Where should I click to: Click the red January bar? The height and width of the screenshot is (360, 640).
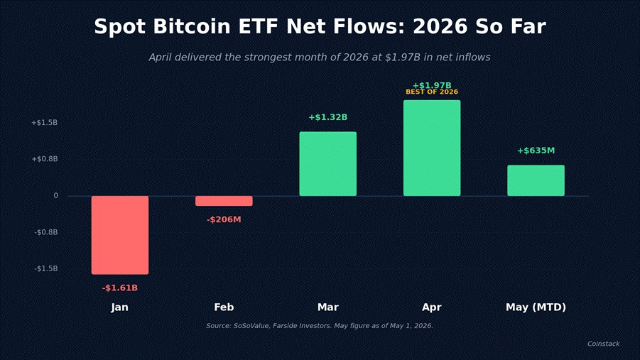pyautogui.click(x=120, y=235)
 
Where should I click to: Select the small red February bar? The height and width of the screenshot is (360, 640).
pyautogui.click(x=224, y=201)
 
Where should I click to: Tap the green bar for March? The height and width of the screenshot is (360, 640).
pyautogui.click(x=327, y=164)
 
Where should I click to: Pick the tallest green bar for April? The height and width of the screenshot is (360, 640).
pyautogui.click(x=432, y=148)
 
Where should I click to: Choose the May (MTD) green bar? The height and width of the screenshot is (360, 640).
pyautogui.click(x=536, y=180)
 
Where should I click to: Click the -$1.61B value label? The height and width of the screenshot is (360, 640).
pyautogui.click(x=120, y=288)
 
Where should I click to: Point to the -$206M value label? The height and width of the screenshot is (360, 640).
pyautogui.click(x=224, y=219)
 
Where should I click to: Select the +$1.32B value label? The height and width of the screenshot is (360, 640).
pyautogui.click(x=327, y=117)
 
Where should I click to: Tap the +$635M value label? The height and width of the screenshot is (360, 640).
pyautogui.click(x=536, y=151)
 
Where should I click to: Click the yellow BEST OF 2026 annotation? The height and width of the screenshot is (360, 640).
pyautogui.click(x=432, y=92)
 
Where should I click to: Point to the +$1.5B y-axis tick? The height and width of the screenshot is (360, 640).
pyautogui.click(x=45, y=122)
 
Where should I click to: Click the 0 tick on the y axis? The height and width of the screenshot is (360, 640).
pyautogui.click(x=56, y=195)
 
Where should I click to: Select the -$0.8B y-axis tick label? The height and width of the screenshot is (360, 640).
pyautogui.click(x=46, y=232)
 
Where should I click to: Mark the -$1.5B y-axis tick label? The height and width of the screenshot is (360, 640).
pyautogui.click(x=46, y=268)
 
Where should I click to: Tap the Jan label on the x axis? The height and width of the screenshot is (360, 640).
pyautogui.click(x=119, y=307)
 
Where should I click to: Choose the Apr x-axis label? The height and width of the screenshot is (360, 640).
pyautogui.click(x=432, y=307)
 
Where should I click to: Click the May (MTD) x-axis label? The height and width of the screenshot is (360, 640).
pyautogui.click(x=536, y=307)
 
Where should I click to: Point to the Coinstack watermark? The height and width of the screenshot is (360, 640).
pyautogui.click(x=603, y=344)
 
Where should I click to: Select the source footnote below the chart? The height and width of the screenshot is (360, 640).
pyautogui.click(x=320, y=326)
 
